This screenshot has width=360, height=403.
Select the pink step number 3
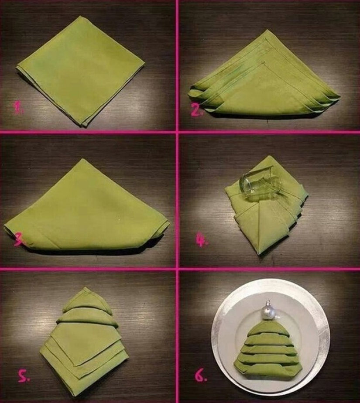pyautogui.click(x=18, y=239)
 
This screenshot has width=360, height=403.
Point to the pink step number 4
pyautogui.click(x=202, y=240)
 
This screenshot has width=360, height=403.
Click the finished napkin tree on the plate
pyautogui.click(x=268, y=349)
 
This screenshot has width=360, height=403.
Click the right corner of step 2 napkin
pyautogui.click(x=338, y=97)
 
